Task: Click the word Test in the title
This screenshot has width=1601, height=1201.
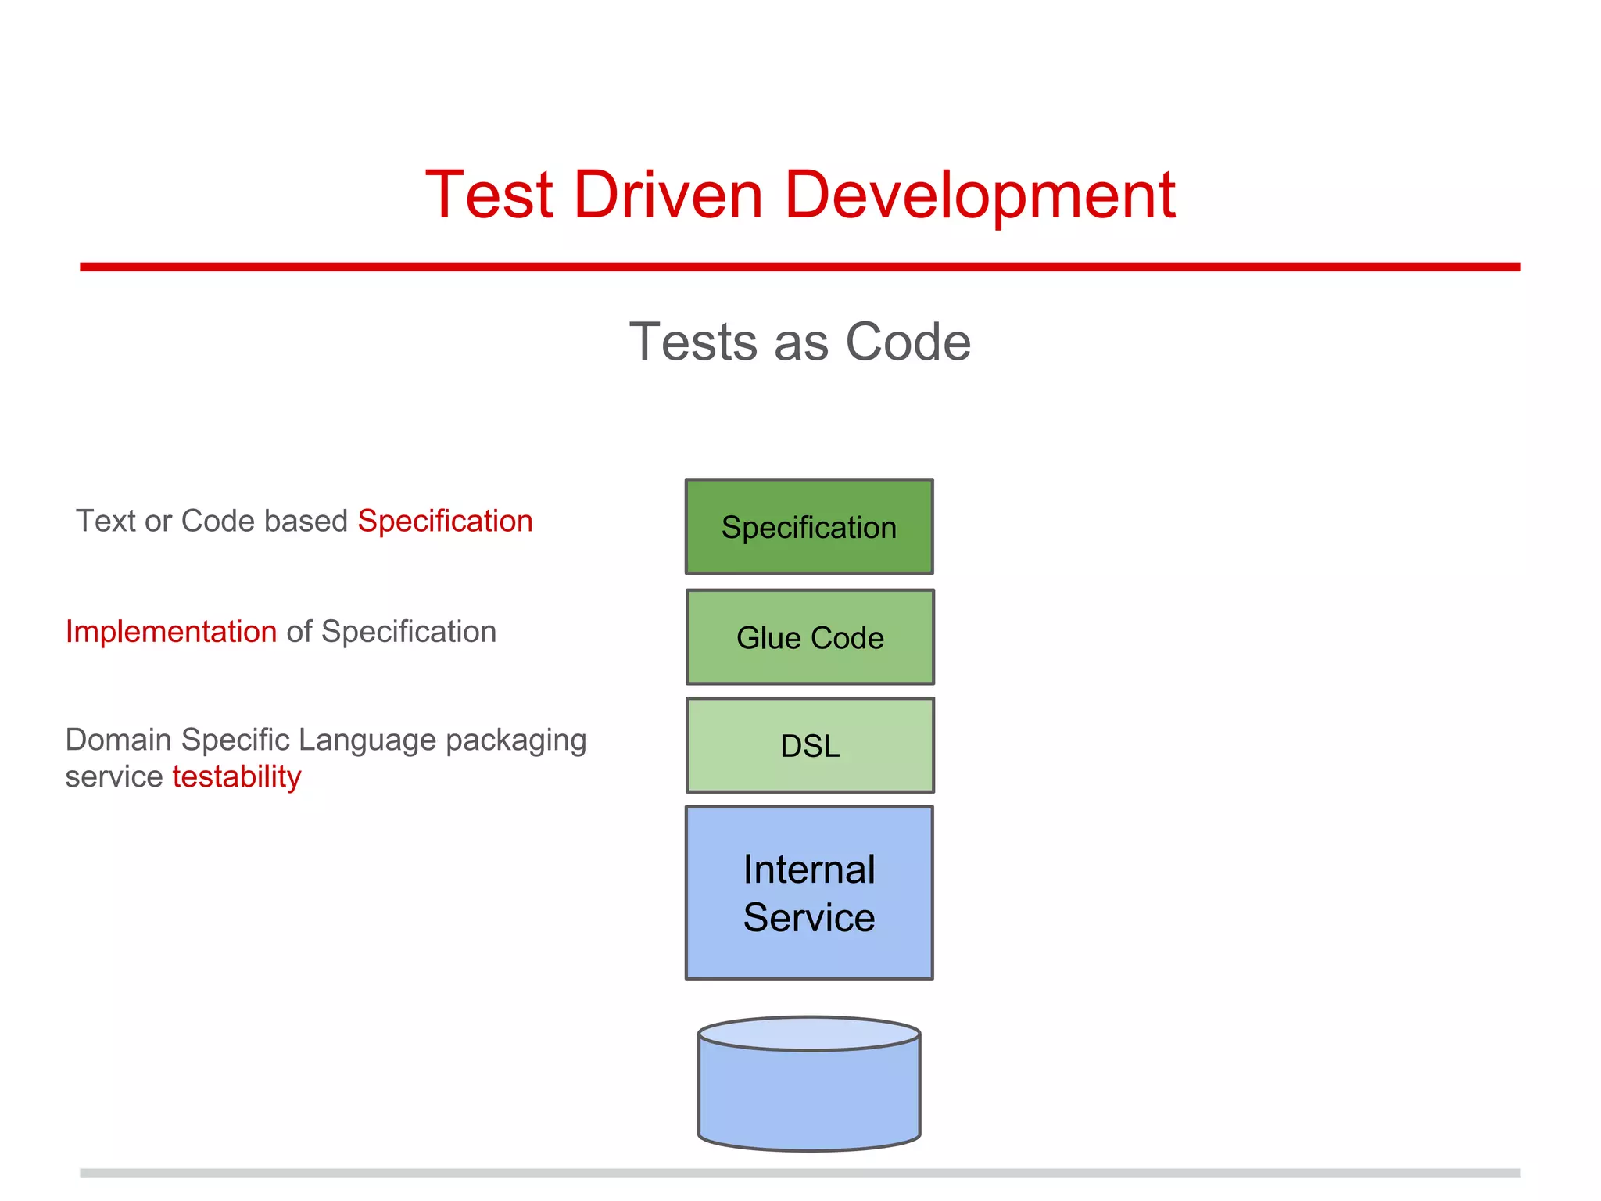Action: (489, 195)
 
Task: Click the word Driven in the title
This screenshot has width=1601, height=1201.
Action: (668, 195)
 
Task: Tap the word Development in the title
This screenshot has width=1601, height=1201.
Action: (980, 197)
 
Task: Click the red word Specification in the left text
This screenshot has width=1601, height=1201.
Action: (445, 522)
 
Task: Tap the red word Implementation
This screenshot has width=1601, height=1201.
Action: (171, 632)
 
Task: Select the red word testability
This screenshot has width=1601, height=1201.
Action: (237, 777)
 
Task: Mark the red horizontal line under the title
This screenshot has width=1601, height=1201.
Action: (800, 267)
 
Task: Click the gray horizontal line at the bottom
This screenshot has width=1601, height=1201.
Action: (800, 1173)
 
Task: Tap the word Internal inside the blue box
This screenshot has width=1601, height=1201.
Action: (809, 869)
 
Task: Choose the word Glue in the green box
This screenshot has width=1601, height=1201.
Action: (769, 638)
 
